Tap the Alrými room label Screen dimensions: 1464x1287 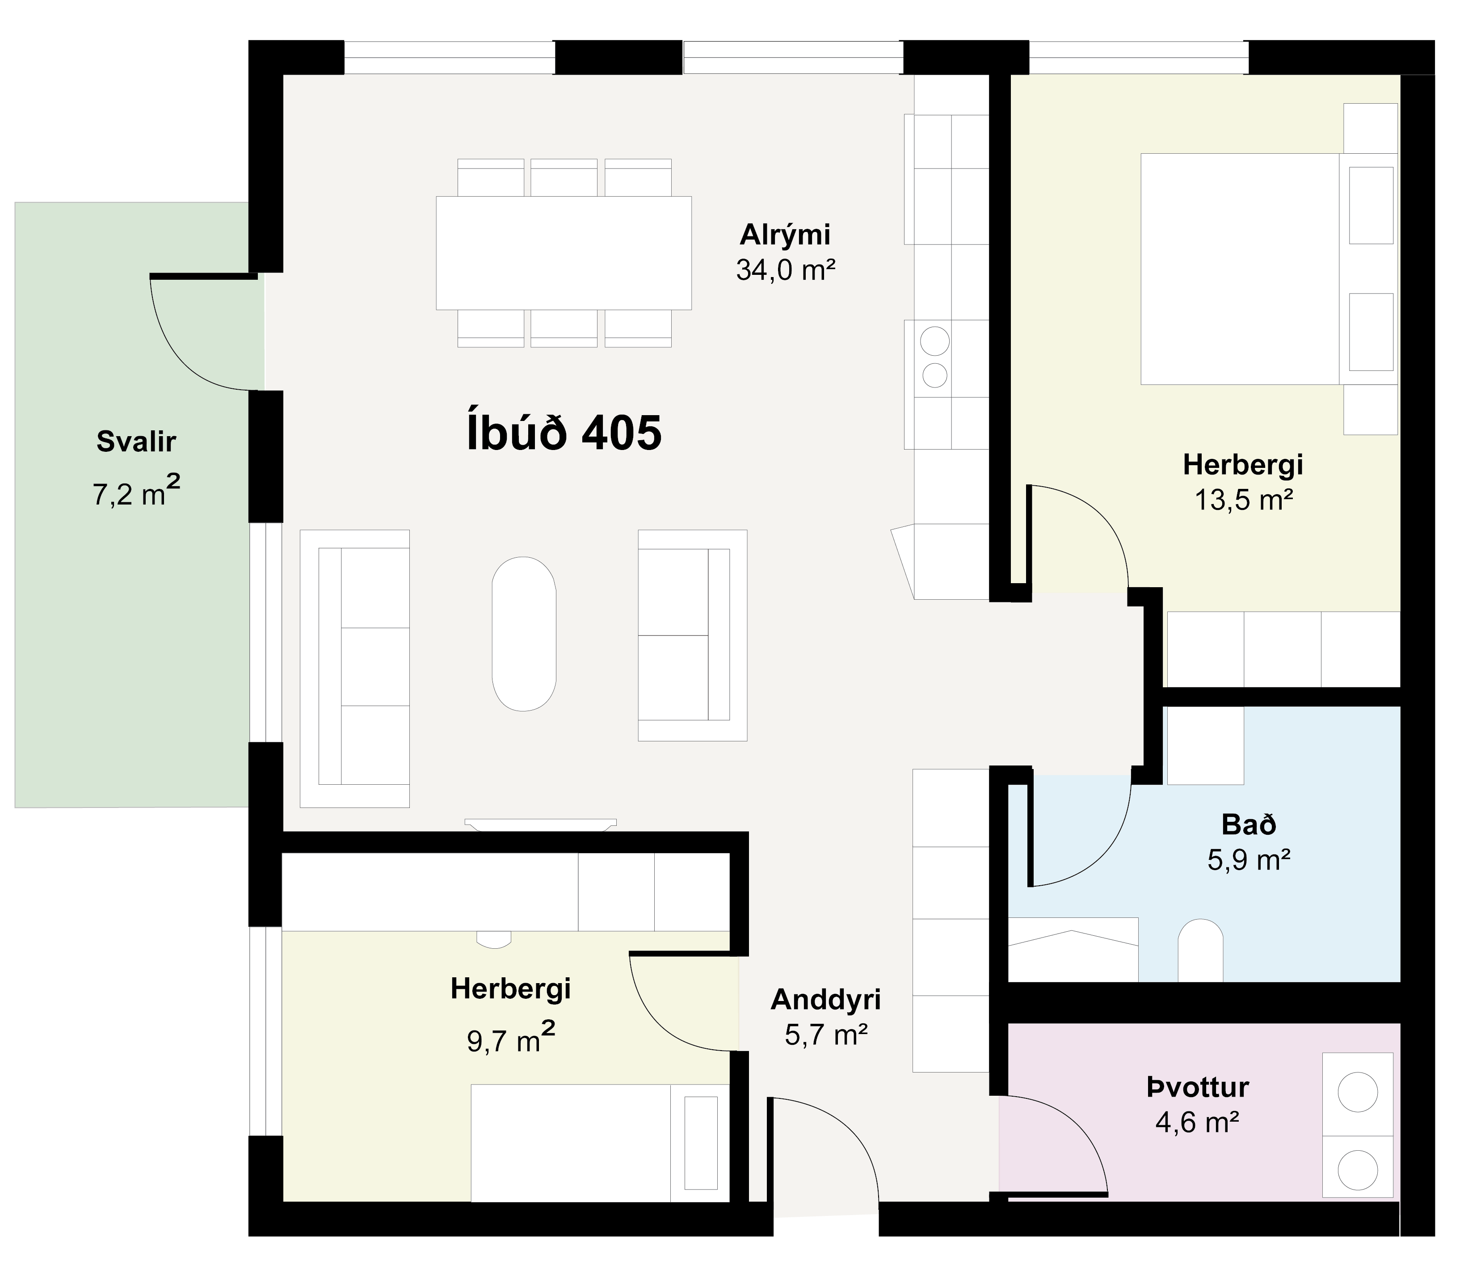tap(785, 236)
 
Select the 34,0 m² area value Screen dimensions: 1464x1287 tap(786, 270)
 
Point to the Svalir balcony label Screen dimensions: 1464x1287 tap(136, 442)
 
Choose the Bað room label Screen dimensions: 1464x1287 tap(1249, 825)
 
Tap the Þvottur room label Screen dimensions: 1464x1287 tap(1198, 1088)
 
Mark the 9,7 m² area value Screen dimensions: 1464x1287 tap(511, 1039)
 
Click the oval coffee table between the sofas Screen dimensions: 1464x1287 tap(524, 634)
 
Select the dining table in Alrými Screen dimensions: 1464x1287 tap(564, 253)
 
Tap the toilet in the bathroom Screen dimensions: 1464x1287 tap(1200, 950)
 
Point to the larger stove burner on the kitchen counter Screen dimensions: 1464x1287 tap(935, 341)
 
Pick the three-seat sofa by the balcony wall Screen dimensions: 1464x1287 tap(354, 668)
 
